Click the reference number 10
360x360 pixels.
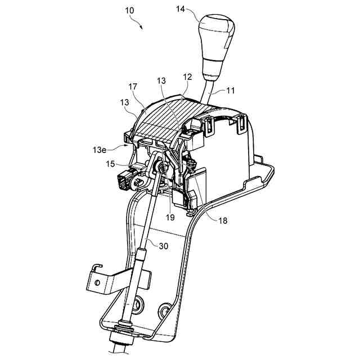tap(129, 11)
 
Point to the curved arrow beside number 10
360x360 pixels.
tap(137, 22)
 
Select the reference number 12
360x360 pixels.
tap(187, 76)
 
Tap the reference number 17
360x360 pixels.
tap(133, 88)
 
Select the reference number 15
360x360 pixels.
tap(110, 164)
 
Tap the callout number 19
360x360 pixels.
tap(170, 216)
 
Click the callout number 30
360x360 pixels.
tap(163, 245)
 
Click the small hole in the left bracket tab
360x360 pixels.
tap(96, 283)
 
